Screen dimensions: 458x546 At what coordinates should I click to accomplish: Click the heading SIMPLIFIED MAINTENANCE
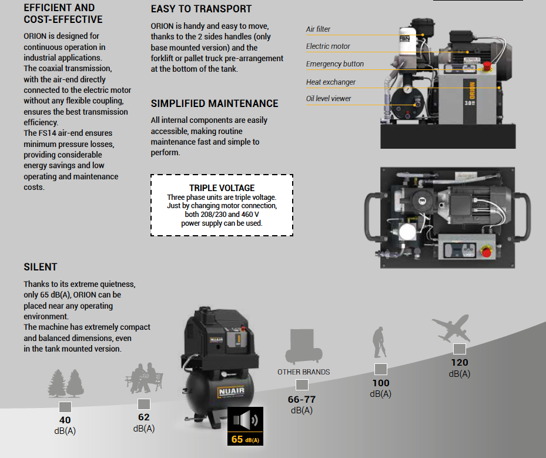(215, 103)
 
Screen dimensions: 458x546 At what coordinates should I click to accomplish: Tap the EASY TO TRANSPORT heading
(201, 9)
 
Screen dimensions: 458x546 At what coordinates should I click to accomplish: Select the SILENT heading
(41, 267)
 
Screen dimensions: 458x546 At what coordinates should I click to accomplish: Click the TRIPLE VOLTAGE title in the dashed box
(222, 188)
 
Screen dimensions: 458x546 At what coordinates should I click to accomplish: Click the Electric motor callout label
(328, 46)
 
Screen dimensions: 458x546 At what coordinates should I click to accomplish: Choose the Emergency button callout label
(334, 64)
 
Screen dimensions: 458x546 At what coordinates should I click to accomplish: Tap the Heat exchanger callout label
(330, 82)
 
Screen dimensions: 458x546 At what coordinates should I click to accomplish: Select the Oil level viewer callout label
(329, 99)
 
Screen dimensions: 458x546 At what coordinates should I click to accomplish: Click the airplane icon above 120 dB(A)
(451, 329)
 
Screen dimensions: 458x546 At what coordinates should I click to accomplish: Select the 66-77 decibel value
(302, 400)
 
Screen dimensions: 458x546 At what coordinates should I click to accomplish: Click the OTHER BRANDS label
(303, 372)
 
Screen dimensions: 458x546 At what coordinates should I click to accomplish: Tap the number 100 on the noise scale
(380, 383)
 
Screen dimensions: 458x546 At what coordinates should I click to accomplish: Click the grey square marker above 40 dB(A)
(65, 407)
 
